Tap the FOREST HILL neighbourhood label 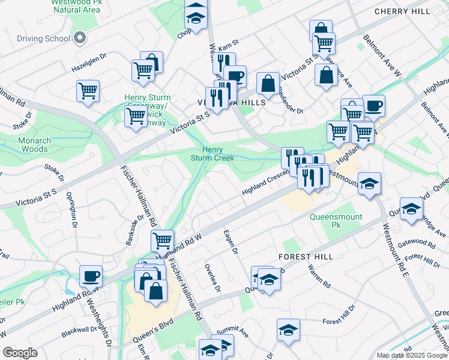(x=301, y=256)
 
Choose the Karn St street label (x=229, y=46)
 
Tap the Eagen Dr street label (x=231, y=242)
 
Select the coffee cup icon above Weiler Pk (x=91, y=275)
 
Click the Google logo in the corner (x=20, y=353)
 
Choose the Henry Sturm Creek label (x=212, y=154)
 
